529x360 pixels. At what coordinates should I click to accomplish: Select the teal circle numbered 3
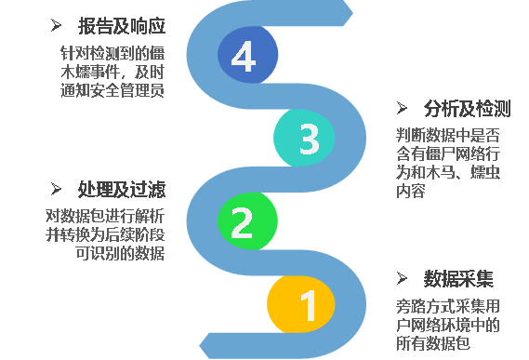coord(308,139)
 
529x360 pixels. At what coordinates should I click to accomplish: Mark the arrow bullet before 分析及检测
coord(403,108)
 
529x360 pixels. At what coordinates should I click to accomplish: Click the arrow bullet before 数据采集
coord(403,279)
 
